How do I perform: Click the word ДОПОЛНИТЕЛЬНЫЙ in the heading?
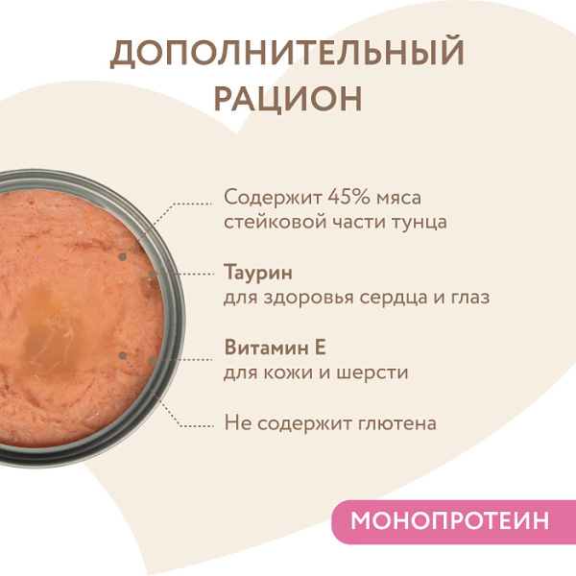(287, 54)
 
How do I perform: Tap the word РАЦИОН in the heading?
(287, 98)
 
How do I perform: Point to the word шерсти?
(377, 372)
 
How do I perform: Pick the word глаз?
(468, 298)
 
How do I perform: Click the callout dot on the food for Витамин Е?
(123, 354)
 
